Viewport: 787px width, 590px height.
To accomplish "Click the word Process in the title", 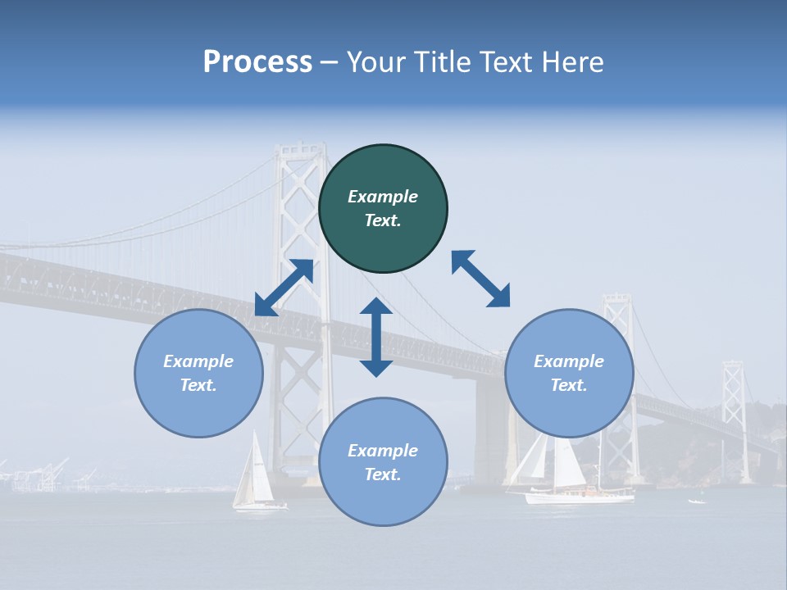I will [x=257, y=62].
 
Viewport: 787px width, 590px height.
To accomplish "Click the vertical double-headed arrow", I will [x=376, y=337].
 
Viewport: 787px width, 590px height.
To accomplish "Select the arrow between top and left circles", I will [x=284, y=288].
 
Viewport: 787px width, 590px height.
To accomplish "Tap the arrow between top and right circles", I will [x=480, y=279].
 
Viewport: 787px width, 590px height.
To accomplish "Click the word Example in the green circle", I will [x=383, y=197].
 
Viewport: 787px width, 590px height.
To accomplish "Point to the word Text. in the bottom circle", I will [x=383, y=474].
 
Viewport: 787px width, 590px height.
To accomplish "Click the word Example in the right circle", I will [x=569, y=361].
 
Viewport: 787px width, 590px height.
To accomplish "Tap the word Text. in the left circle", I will [x=198, y=385].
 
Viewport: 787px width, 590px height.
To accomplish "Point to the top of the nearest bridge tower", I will [x=300, y=150].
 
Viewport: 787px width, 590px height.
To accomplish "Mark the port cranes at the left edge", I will [x=37, y=475].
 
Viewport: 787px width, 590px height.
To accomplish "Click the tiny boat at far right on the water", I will [x=696, y=501].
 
